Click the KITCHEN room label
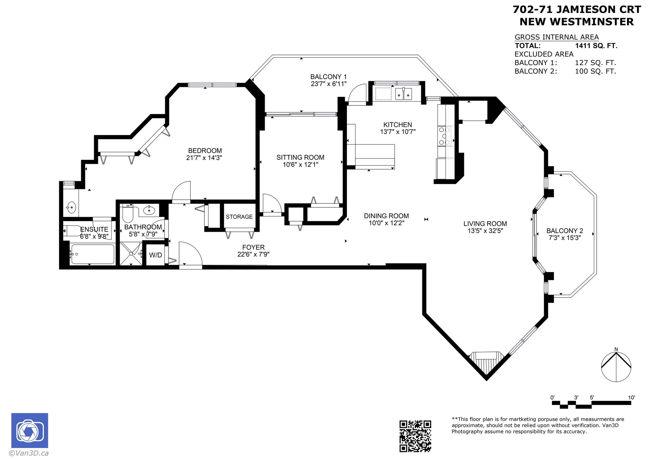[x=397, y=125]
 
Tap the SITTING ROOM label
[x=300, y=157]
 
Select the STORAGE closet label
[x=239, y=217]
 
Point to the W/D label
[x=156, y=255]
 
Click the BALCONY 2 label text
[x=565, y=231]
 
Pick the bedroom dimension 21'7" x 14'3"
[x=204, y=158]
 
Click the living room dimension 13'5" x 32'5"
[x=485, y=231]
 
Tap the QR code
[x=415, y=436]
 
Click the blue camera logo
[x=30, y=430]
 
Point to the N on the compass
[x=616, y=349]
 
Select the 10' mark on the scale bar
[x=631, y=398]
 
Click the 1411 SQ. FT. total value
[x=596, y=46]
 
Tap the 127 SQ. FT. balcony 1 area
[x=596, y=63]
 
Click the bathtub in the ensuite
[x=92, y=254]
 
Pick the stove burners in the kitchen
[x=445, y=136]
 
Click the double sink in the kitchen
[x=404, y=94]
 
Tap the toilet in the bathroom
[x=128, y=213]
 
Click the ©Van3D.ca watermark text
[x=29, y=453]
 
